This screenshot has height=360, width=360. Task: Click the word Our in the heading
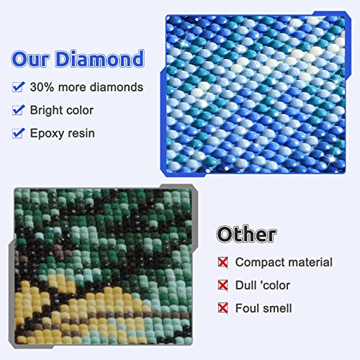pyautogui.click(x=34, y=60)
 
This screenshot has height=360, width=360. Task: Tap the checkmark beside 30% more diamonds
pyautogui.click(x=19, y=87)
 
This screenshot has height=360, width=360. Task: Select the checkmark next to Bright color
pyautogui.click(x=19, y=110)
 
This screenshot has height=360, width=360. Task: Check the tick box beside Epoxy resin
pyautogui.click(x=19, y=133)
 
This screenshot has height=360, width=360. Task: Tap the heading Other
pyautogui.click(x=246, y=234)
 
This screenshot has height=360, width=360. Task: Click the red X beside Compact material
pyautogui.click(x=223, y=262)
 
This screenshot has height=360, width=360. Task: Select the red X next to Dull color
pyautogui.click(x=223, y=285)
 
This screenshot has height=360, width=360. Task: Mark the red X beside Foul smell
pyautogui.click(x=223, y=308)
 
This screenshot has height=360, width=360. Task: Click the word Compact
pyautogui.click(x=260, y=263)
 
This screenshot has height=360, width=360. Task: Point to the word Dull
pyautogui.click(x=248, y=285)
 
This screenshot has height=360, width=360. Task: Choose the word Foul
pyautogui.click(x=249, y=308)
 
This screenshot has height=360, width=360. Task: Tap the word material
pyautogui.click(x=310, y=263)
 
